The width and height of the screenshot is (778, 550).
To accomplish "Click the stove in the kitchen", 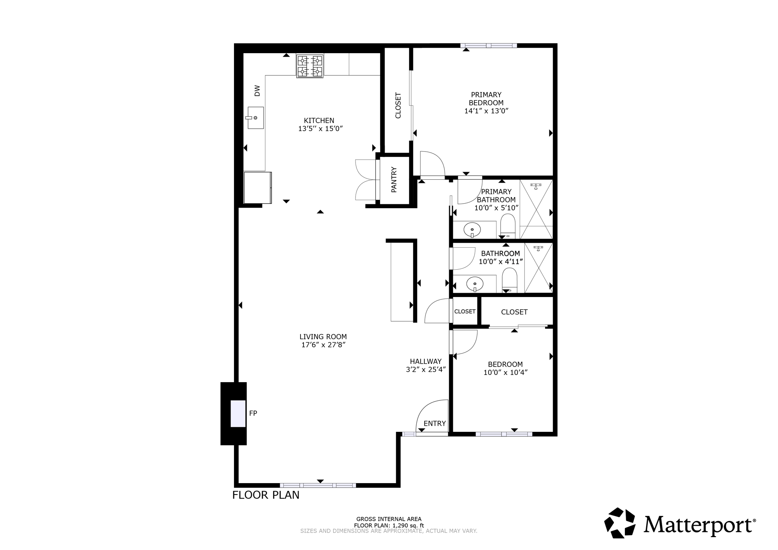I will (x=310, y=66).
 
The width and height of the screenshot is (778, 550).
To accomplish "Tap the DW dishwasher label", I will (x=257, y=90).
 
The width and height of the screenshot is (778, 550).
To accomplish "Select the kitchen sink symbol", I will (x=256, y=118).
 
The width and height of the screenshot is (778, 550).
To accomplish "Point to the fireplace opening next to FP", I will (x=238, y=413).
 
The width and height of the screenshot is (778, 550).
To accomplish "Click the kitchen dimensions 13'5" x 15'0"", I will (x=320, y=129).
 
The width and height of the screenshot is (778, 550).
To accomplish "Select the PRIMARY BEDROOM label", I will (x=486, y=99).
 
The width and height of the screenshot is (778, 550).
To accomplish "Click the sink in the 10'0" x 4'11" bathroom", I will (x=474, y=283).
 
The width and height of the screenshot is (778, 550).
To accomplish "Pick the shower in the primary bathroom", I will (x=536, y=209).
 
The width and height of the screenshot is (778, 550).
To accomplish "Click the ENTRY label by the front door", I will (x=435, y=424).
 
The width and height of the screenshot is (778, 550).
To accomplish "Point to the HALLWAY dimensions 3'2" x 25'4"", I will (x=425, y=369).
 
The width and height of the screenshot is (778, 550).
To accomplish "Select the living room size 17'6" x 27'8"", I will (x=323, y=345).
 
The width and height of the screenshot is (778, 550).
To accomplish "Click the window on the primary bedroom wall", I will (x=489, y=46).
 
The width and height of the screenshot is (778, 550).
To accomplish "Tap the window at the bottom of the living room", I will (x=318, y=485).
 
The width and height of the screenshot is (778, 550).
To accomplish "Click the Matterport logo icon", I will (x=620, y=523).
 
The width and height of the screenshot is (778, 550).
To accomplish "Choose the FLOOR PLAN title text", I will (x=266, y=495).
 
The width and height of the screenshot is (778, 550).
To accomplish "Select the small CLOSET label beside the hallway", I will (x=465, y=311).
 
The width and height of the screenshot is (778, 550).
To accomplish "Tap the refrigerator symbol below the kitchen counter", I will (x=257, y=188).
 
